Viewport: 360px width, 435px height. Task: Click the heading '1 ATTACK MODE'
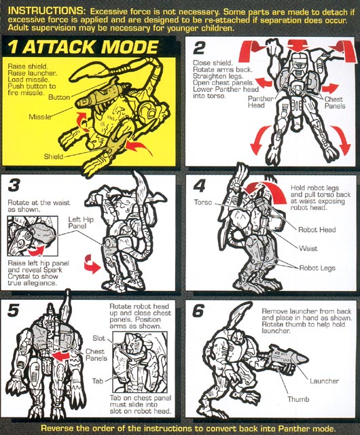(x=83, y=47)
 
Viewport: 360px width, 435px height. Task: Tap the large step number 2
(x=199, y=48)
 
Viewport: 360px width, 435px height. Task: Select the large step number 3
(x=14, y=185)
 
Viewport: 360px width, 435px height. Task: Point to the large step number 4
(x=200, y=186)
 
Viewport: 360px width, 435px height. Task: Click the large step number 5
(x=14, y=310)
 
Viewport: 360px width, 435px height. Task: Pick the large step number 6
(x=198, y=311)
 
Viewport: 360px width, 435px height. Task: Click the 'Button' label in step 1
(x=59, y=97)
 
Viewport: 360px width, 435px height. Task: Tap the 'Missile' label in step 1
(x=40, y=117)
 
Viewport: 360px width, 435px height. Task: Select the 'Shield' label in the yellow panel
(x=54, y=156)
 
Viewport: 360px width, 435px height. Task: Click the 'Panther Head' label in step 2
(x=260, y=102)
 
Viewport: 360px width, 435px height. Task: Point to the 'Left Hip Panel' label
(x=81, y=223)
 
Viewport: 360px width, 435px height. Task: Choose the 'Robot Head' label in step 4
(x=317, y=230)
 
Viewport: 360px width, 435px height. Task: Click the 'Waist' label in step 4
(x=308, y=248)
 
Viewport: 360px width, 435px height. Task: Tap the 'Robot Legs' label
(x=317, y=268)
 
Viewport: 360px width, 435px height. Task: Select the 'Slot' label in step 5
(x=98, y=338)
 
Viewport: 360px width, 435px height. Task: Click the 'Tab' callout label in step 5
(x=98, y=381)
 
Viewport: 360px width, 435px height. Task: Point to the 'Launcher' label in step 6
(x=324, y=381)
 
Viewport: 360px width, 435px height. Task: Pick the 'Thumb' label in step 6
(x=298, y=399)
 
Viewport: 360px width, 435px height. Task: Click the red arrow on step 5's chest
(x=60, y=356)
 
